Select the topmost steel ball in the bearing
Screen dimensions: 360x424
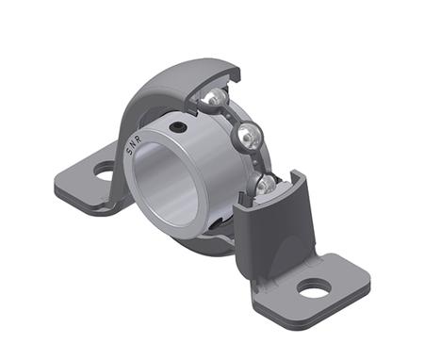point(217,98)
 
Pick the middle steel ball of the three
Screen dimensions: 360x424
point(249,137)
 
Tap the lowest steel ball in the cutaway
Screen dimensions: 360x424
point(268,184)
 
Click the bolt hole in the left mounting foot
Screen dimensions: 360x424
point(104,171)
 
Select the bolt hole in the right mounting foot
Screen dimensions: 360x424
point(316,286)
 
